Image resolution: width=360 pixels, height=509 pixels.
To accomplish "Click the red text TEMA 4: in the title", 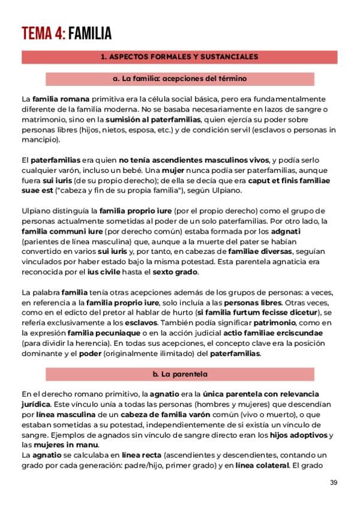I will coord(43,34).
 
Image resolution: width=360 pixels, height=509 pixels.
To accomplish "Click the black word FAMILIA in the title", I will coord(90,34).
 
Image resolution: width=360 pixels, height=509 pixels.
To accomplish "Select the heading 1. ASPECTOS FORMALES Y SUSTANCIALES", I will coord(179,57).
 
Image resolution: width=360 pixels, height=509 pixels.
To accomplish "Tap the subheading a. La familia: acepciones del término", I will coord(179,79).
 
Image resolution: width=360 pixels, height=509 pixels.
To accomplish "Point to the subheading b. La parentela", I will coord(179,374).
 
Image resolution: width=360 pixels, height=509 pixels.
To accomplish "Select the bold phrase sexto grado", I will coord(178,272).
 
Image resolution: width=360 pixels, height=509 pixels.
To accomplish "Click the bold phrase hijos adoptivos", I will coord(299,435).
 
